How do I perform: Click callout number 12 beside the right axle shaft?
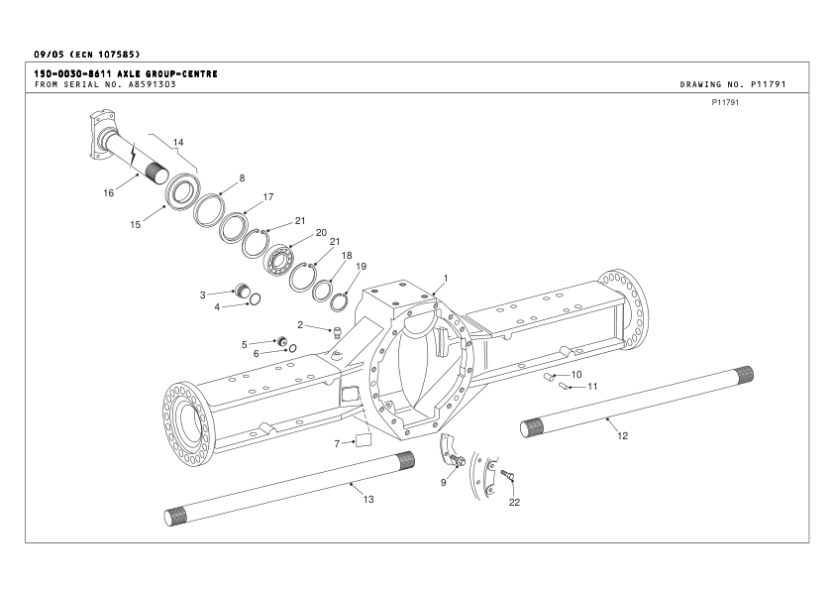coord(622,435)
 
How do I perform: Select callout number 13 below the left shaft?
coord(368,499)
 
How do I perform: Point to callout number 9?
coord(445,482)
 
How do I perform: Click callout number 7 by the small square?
coord(337,442)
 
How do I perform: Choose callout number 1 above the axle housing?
coord(446,279)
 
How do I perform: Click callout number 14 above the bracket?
coord(178,143)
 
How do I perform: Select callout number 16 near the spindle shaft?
coord(109,192)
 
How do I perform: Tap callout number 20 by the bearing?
coord(321,233)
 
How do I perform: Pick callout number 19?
coord(362,267)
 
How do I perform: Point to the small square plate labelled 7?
coord(362,439)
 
